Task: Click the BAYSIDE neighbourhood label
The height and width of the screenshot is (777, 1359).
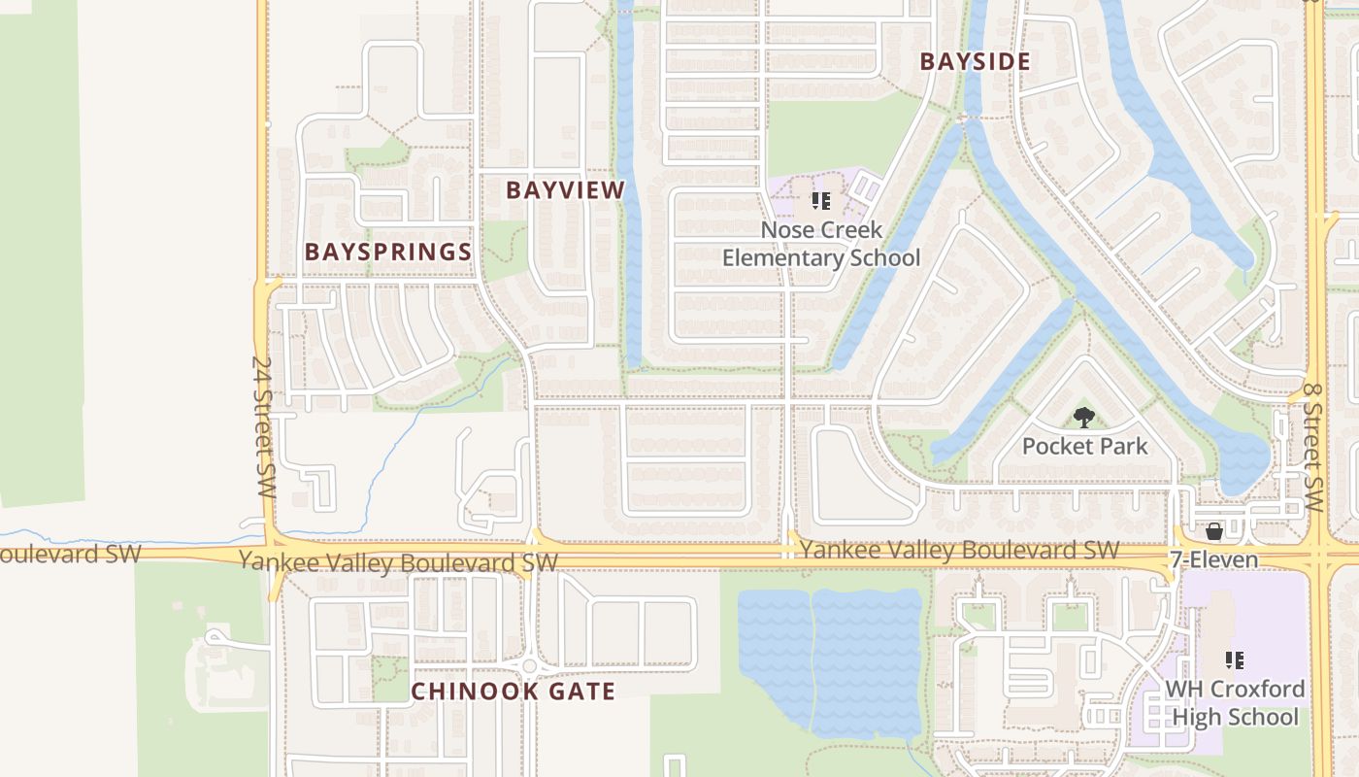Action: pyautogui.click(x=975, y=61)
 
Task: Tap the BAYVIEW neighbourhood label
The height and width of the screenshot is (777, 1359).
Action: pyautogui.click(x=565, y=190)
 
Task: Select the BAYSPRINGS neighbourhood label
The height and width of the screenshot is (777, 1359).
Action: pyautogui.click(x=388, y=252)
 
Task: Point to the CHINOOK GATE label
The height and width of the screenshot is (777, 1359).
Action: pyautogui.click(x=513, y=692)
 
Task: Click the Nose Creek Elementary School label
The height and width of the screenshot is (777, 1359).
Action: pyautogui.click(x=821, y=244)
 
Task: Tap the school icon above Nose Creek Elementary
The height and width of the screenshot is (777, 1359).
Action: pyautogui.click(x=821, y=202)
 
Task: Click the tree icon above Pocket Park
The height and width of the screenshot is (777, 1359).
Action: pyautogui.click(x=1083, y=418)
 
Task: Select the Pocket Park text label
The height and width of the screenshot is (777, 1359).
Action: pyautogui.click(x=1084, y=447)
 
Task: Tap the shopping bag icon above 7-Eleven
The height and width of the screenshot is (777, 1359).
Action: pyautogui.click(x=1213, y=531)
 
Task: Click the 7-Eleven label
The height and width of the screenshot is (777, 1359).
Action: pyautogui.click(x=1213, y=559)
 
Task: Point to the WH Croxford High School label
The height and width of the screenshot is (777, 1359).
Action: pyautogui.click(x=1235, y=703)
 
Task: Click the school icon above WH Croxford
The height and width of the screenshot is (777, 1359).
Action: pyautogui.click(x=1235, y=661)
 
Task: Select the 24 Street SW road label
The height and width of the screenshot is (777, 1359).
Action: pyautogui.click(x=263, y=427)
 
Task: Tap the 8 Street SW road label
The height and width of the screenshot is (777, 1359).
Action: pyautogui.click(x=1312, y=447)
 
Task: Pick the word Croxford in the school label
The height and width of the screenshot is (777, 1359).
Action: pyautogui.click(x=1256, y=690)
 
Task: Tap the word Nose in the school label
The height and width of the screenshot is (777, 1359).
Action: pyautogui.click(x=782, y=230)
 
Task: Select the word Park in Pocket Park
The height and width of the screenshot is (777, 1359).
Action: pyautogui.click(x=1122, y=447)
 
